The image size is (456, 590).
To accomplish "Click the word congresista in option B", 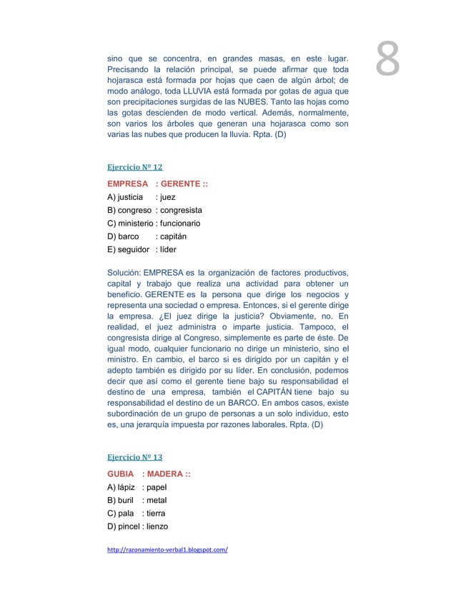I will (x=182, y=211).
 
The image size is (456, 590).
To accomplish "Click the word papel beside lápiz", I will (x=156, y=487).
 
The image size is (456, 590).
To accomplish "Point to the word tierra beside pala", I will (x=156, y=513).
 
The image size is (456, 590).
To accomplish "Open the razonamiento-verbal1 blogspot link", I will (x=167, y=551).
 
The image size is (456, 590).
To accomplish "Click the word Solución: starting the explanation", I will (x=124, y=273).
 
